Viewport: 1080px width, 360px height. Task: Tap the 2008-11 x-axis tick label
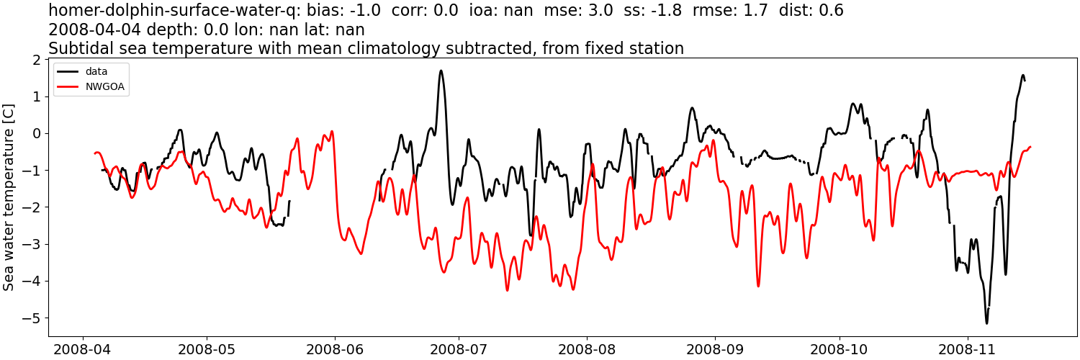point(968,349)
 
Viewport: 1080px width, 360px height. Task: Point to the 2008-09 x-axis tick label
point(715,349)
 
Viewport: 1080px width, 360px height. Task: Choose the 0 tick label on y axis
point(36,133)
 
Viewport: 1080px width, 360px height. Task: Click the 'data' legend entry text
point(96,72)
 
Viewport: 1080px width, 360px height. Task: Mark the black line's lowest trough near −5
point(986,323)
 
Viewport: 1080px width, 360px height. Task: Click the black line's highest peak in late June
point(441,71)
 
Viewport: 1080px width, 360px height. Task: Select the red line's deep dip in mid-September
point(758,286)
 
